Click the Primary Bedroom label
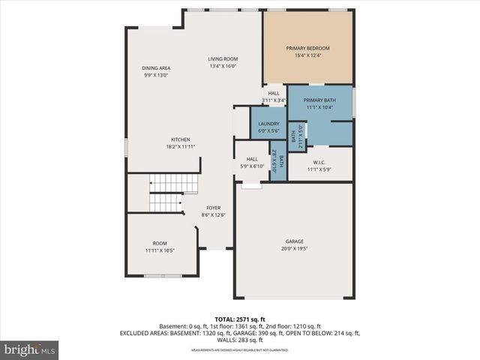point(307,49)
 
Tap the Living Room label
point(223,59)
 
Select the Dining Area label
point(156,68)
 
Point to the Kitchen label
point(180,139)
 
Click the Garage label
point(295,241)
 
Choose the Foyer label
point(213,208)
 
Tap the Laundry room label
point(268,124)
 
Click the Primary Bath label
point(319,100)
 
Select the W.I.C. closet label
point(319,162)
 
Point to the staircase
point(164,193)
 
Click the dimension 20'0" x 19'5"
point(295,249)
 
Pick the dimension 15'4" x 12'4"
point(307,56)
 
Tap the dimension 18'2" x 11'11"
point(180,147)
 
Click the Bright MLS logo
point(30,349)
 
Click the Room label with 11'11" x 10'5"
point(160,243)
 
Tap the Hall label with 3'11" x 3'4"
point(274,94)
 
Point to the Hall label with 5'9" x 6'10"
point(252,159)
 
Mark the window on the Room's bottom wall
point(163,276)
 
